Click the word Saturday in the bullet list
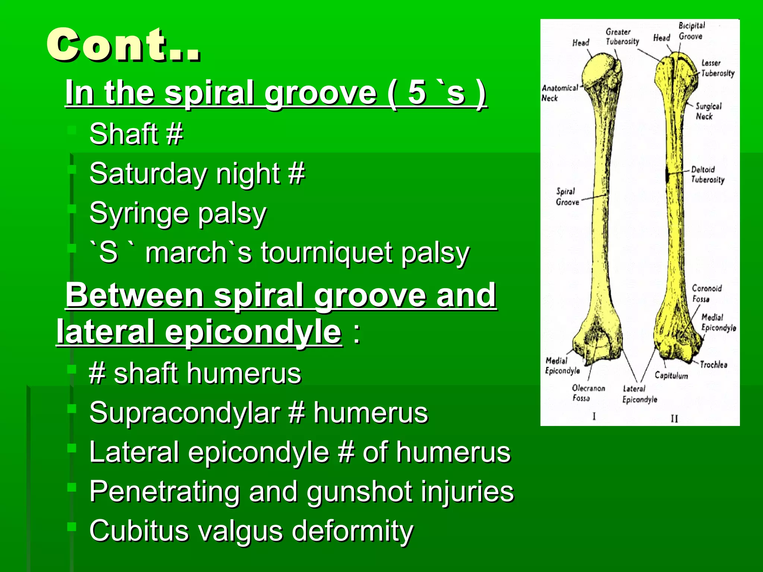147,174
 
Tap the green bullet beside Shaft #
72,130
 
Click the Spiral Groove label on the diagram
567,197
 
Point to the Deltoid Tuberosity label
707,174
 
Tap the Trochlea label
713,365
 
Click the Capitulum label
671,375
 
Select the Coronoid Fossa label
706,293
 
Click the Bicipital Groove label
691,31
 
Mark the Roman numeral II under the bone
674,419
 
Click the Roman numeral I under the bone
594,416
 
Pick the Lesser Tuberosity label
717,68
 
